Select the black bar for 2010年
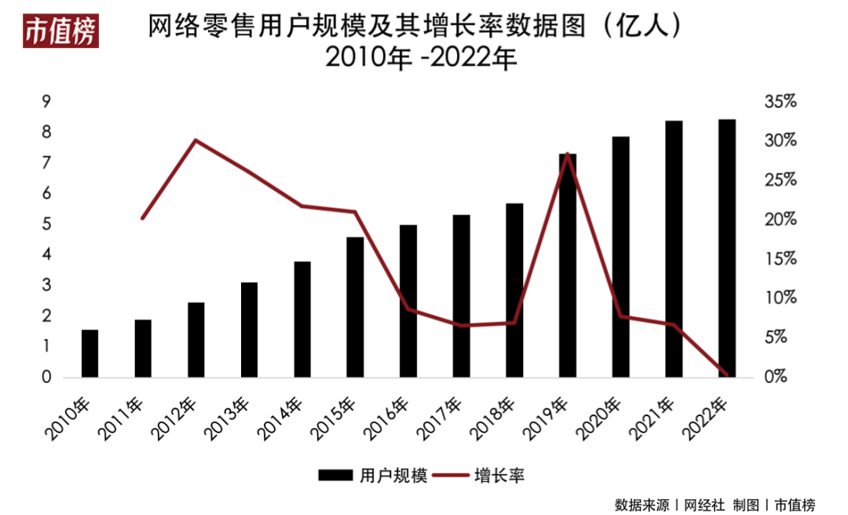[x=90, y=353]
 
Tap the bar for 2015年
[x=356, y=307]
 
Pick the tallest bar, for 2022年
[x=727, y=248]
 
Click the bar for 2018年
[x=514, y=290]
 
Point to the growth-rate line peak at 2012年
[x=196, y=141]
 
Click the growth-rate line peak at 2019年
[x=567, y=154]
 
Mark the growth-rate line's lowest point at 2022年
[x=726, y=375]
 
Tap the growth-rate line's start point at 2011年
[x=142, y=217]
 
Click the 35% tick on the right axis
[x=780, y=102]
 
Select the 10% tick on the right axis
[x=780, y=298]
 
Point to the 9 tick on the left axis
[x=46, y=102]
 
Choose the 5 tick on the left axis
[x=46, y=225]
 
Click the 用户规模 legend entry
[x=373, y=475]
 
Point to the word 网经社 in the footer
[x=700, y=503]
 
